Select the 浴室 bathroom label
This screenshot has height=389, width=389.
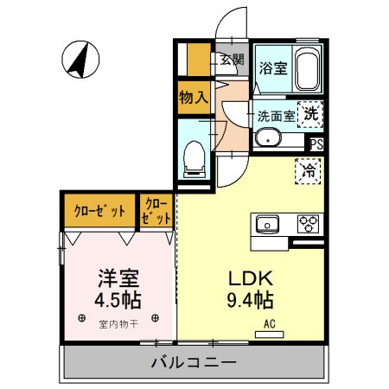click(x=273, y=67)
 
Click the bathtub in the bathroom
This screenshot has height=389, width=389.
click(x=307, y=68)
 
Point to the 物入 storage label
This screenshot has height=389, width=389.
click(x=193, y=97)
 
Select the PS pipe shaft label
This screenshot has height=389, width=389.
click(x=316, y=144)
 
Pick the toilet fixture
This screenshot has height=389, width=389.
click(x=194, y=156)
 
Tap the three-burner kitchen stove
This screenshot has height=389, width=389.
click(x=309, y=224)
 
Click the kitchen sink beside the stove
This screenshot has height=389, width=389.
click(x=269, y=224)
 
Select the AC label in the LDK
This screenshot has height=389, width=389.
click(x=270, y=326)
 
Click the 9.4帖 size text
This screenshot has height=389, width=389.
click(x=251, y=301)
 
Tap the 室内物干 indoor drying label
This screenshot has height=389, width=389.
click(x=119, y=324)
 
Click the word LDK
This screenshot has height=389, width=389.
click(x=251, y=278)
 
